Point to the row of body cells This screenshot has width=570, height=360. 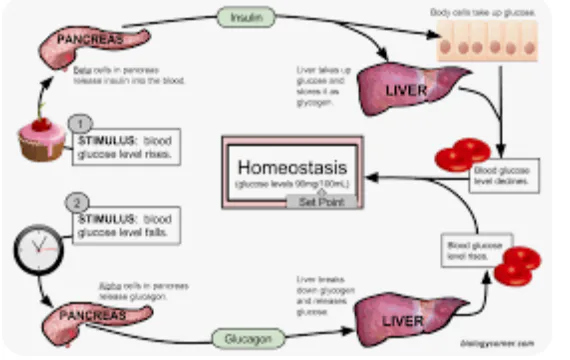point(491,44)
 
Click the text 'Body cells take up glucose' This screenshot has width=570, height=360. point(489,11)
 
